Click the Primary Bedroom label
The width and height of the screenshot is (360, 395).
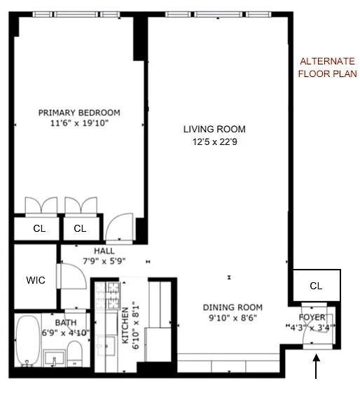[79, 113]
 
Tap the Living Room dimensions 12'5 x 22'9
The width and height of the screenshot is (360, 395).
[214, 142]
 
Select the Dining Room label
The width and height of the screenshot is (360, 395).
[233, 307]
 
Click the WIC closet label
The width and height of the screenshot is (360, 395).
[36, 280]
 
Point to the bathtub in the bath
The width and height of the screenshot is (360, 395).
[28, 340]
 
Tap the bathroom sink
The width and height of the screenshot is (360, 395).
[54, 357]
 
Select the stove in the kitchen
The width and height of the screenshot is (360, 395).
[108, 296]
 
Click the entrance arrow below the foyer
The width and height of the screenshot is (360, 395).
[316, 366]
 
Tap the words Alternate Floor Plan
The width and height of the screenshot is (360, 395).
[328, 67]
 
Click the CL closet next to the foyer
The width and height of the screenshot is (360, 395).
[317, 286]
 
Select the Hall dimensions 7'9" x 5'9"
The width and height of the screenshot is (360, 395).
[104, 261]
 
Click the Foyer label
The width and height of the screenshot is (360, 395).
[312, 317]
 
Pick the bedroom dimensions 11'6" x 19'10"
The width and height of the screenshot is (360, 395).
[79, 123]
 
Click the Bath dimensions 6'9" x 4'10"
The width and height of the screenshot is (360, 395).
[66, 333]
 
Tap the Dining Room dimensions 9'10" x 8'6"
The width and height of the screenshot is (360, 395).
[233, 318]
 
